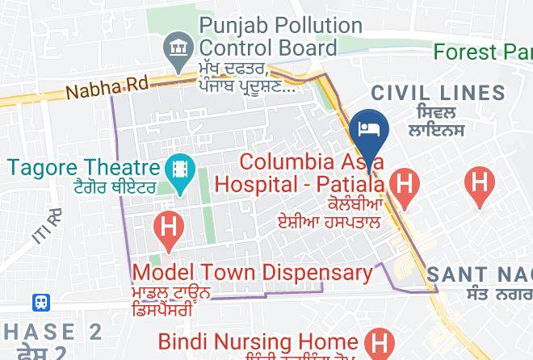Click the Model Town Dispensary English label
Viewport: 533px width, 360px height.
pos(252,272)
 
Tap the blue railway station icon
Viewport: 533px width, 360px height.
pos(41,303)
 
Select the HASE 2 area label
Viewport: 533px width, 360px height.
pos(52,332)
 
